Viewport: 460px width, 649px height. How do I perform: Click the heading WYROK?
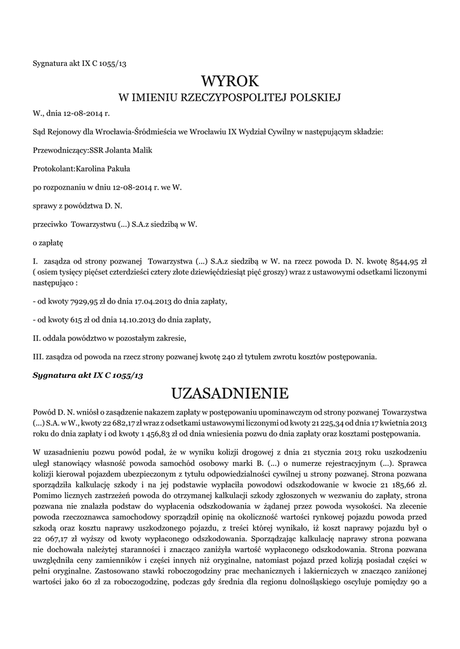click(230, 81)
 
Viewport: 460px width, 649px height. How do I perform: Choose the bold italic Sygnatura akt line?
click(88, 375)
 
